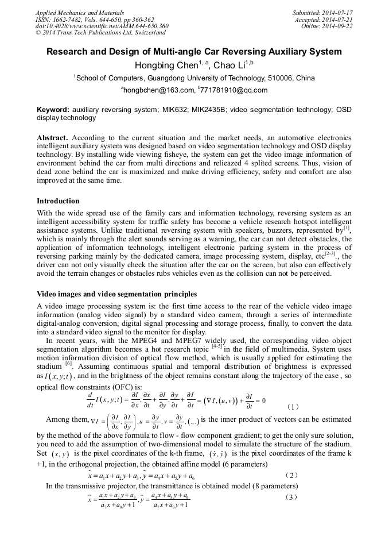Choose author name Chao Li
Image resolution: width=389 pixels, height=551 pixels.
[228, 65]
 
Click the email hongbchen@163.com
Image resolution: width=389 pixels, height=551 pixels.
[159, 90]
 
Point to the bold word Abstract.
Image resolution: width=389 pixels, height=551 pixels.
[52, 138]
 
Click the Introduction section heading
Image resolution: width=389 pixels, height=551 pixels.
[58, 201]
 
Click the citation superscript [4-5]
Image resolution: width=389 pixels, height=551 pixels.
[217, 346]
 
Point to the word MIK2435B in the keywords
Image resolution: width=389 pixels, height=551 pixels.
[205, 109]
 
